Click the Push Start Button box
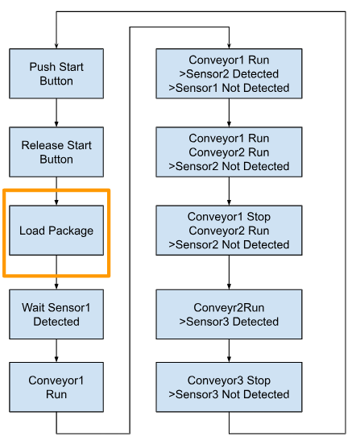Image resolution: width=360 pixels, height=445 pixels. (x=56, y=74)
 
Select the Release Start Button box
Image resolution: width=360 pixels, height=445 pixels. (x=56, y=152)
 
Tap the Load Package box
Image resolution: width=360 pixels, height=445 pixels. (x=56, y=231)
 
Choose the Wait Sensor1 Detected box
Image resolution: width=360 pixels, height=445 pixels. (x=56, y=314)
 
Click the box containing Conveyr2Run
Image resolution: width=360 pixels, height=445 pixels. (x=229, y=314)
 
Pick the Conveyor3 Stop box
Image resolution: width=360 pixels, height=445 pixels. (x=229, y=387)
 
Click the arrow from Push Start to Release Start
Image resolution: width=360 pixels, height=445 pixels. (x=56, y=113)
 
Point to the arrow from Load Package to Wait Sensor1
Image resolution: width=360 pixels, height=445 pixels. (x=56, y=272)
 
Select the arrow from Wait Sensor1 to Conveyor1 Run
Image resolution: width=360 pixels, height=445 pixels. (x=56, y=351)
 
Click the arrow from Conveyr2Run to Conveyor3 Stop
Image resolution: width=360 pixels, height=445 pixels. (x=229, y=351)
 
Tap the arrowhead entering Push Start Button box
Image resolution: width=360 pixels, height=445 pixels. (x=56, y=46)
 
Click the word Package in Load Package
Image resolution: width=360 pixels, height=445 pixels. (x=71, y=231)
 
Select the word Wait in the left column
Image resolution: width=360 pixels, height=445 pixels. (x=31, y=308)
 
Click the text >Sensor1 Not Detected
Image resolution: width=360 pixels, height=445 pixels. (x=229, y=88)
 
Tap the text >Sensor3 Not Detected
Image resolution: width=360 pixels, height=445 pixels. (x=229, y=394)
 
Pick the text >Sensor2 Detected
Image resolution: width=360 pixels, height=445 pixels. (x=229, y=74)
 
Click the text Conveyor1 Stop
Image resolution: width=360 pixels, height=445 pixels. (x=229, y=217)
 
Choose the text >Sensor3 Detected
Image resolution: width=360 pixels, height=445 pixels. (x=229, y=322)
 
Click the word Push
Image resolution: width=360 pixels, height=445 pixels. (x=42, y=67)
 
